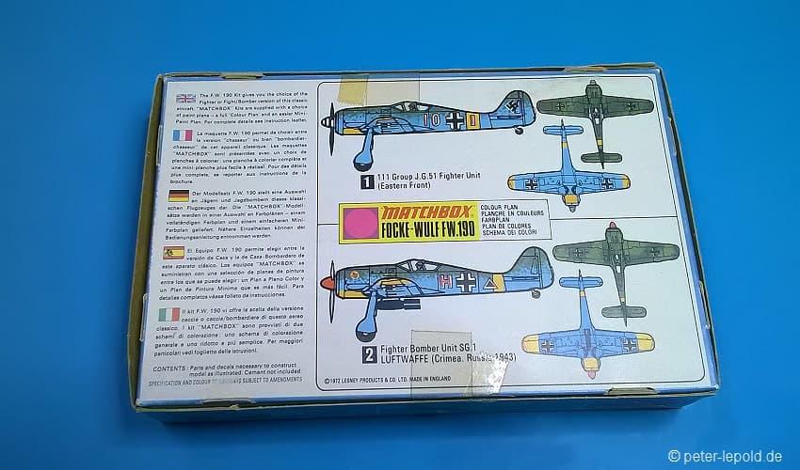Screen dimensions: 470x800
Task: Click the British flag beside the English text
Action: (x=185, y=98)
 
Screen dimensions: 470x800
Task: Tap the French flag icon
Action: (x=184, y=135)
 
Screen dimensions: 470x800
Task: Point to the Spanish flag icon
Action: (x=175, y=254)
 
